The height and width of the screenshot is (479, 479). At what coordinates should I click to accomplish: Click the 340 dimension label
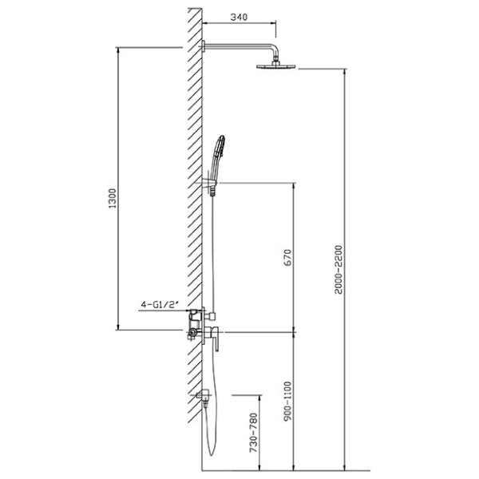tap(239, 17)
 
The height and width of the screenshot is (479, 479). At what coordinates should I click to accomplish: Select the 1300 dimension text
tap(113, 198)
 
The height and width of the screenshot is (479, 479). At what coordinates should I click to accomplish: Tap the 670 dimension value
tap(287, 257)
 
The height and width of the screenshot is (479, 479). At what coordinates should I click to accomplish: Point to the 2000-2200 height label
tap(338, 270)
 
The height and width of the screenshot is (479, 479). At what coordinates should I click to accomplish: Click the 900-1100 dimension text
tap(287, 401)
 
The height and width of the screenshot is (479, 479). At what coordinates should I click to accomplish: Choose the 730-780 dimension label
tap(254, 433)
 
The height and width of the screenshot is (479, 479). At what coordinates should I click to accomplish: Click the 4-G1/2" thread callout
tap(160, 304)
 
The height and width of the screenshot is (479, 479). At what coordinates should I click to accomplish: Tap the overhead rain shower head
tap(276, 65)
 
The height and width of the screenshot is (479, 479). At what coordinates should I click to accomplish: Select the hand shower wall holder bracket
tap(210, 183)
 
